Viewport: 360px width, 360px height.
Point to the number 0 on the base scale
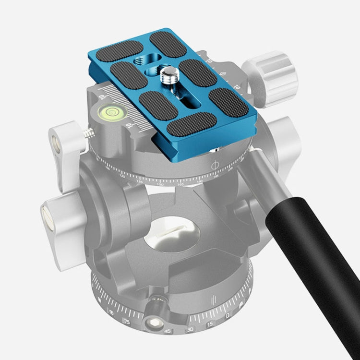[x=227, y=315]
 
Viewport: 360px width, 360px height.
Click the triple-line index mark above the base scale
[x=211, y=302]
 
